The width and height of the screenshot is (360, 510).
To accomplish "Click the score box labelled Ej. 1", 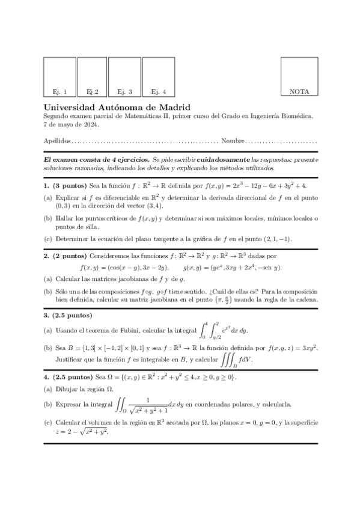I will point(59,76).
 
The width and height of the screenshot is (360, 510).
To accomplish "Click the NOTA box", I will point(299,76).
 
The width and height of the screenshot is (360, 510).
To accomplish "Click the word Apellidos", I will point(57,141).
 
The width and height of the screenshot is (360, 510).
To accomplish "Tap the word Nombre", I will point(233,141).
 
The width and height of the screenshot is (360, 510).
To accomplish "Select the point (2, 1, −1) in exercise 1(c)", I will point(274,239).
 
